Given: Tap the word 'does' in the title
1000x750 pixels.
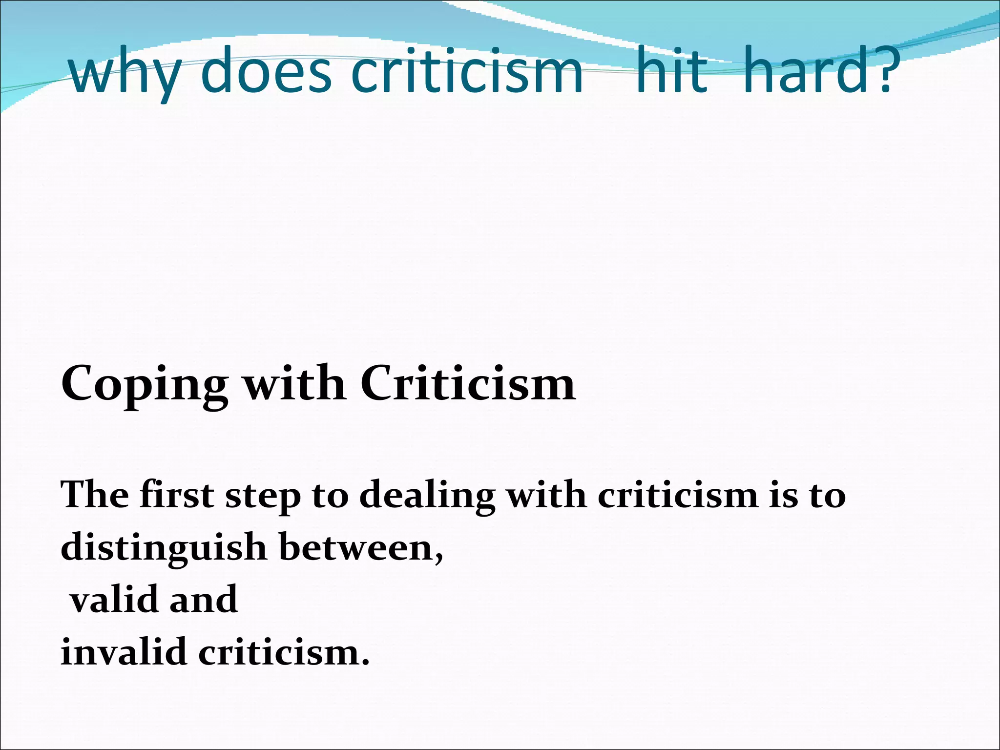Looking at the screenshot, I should [266, 72].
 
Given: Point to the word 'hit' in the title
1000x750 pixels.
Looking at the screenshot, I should [671, 72].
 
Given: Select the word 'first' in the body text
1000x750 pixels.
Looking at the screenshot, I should [177, 495].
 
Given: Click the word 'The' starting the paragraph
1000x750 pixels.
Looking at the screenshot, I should [95, 495].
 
